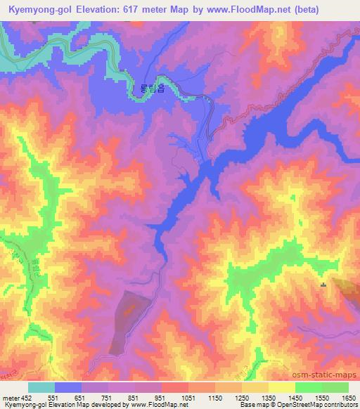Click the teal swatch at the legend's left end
(x=41, y=387)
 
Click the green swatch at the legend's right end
(x=335, y=387)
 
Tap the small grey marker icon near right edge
(x=323, y=285)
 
